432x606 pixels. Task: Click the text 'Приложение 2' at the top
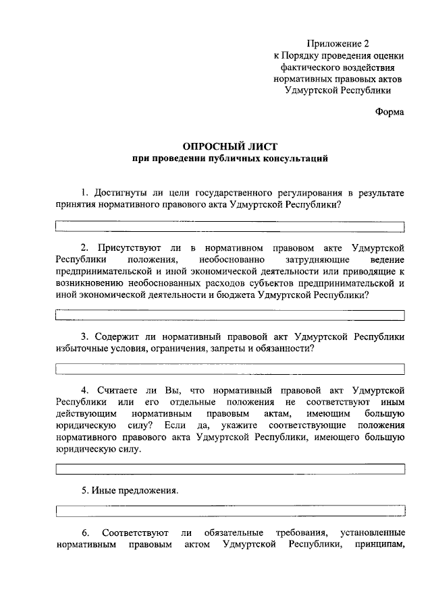tap(337, 43)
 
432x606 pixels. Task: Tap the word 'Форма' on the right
tap(389, 113)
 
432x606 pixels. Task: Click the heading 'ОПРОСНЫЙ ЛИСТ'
tap(230, 146)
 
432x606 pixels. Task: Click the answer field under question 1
tap(230, 226)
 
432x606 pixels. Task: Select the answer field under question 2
tap(230, 314)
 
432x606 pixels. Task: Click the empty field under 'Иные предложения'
tap(230, 510)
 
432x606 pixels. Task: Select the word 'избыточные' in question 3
tap(80, 349)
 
